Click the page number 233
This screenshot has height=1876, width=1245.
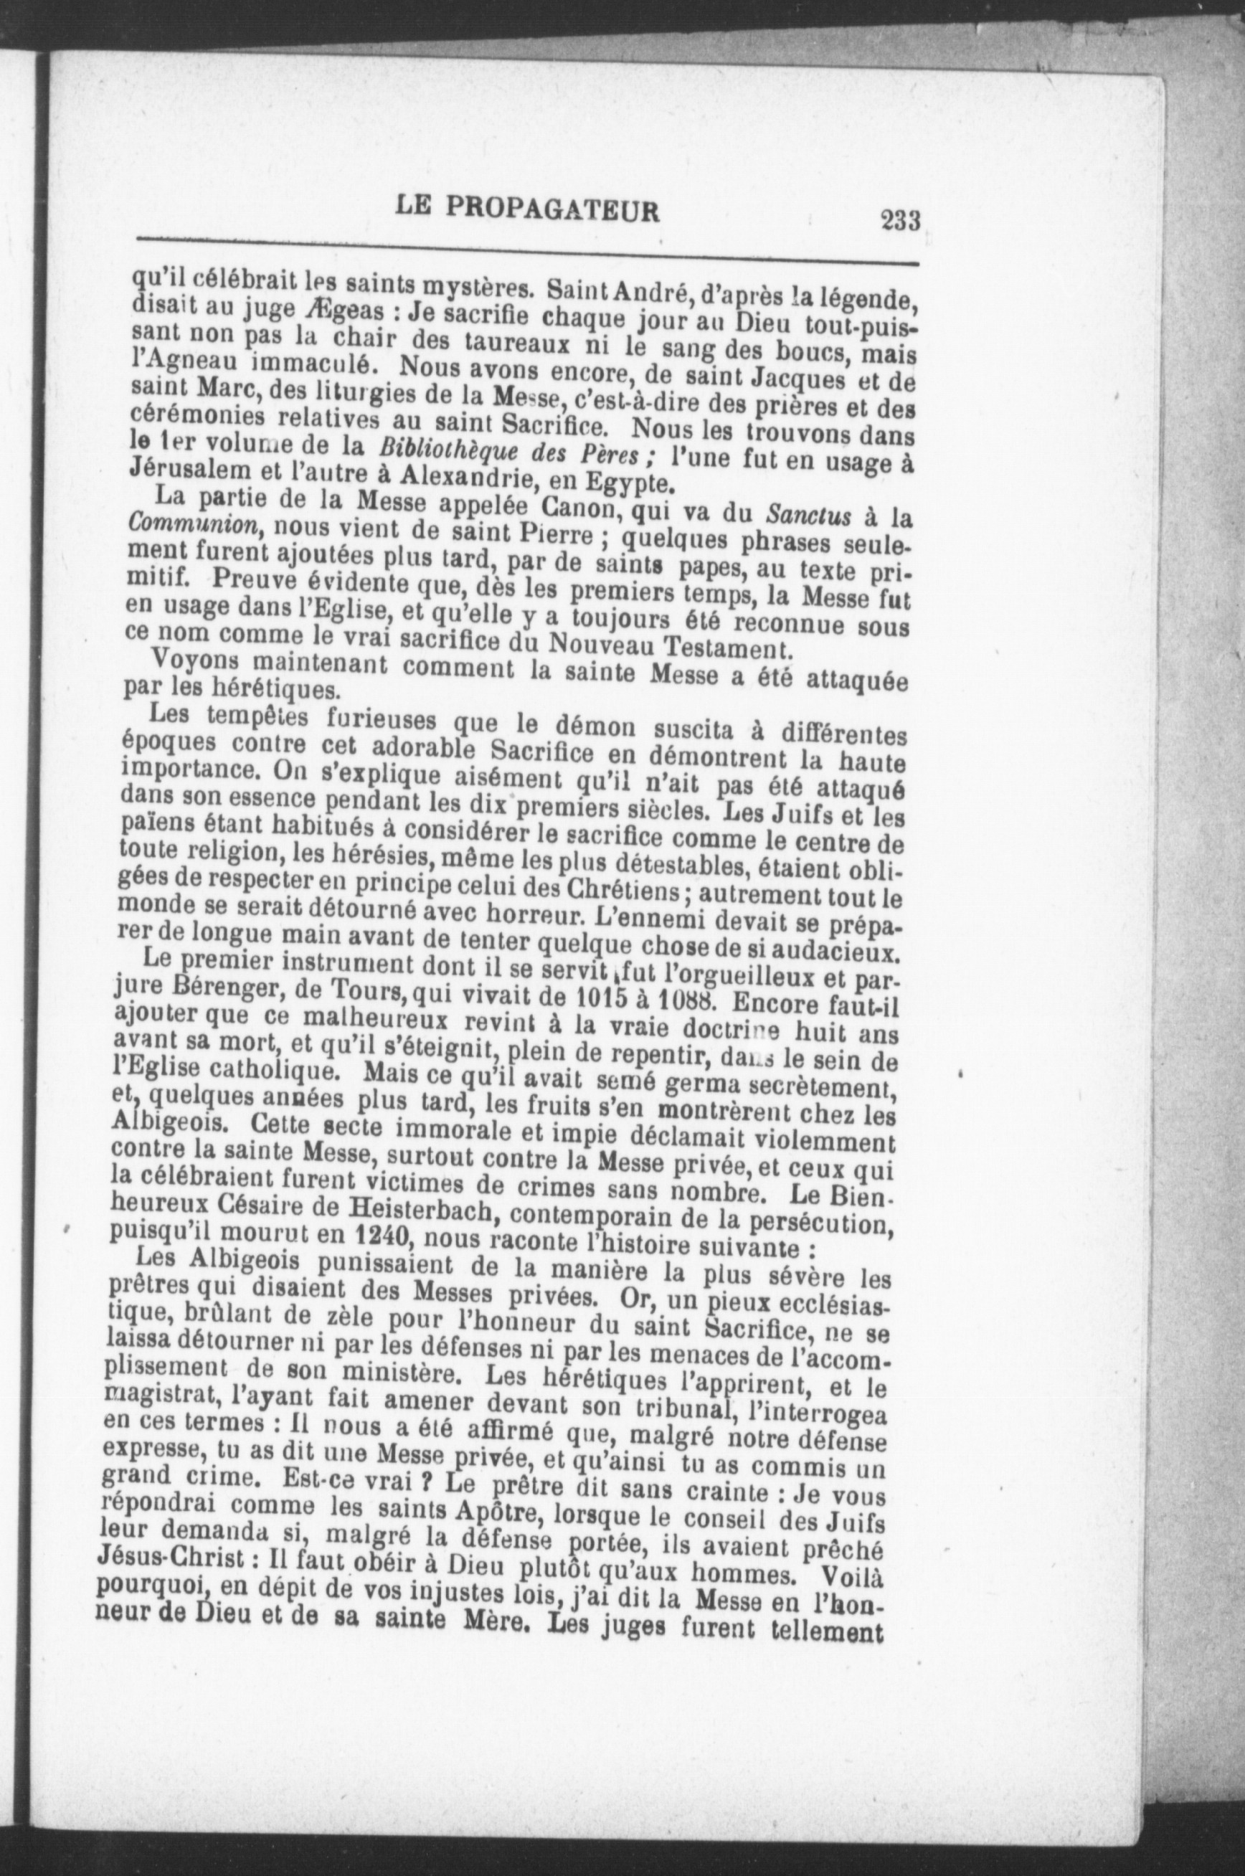pos(899,220)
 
